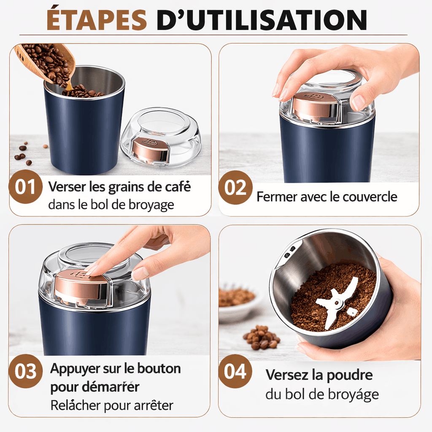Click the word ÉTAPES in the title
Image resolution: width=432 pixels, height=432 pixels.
click(97, 19)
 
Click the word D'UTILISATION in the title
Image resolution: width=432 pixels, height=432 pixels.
click(262, 19)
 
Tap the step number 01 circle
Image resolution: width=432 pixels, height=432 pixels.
click(25, 187)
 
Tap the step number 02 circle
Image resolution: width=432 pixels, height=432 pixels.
click(235, 188)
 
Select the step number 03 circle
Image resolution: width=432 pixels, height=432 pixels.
click(26, 371)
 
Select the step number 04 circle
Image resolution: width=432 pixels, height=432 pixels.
click(235, 371)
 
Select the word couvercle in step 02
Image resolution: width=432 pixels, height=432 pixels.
click(370, 197)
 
